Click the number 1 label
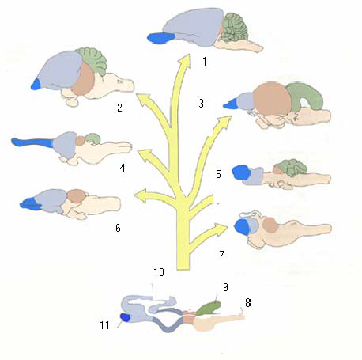coord(205,62)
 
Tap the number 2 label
coord(119,108)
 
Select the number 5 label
coord(218,174)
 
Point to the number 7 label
coord(221,255)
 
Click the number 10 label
coord(159,272)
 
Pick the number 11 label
coord(104,325)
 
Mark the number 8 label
coord(248,302)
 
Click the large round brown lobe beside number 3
coord(273,99)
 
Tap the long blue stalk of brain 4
coord(32,142)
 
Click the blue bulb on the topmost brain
coord(160,38)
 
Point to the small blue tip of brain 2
coord(36,84)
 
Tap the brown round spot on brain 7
coord(270,225)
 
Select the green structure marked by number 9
coord(209,309)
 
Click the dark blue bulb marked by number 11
coord(125,317)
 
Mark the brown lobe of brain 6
coord(76,196)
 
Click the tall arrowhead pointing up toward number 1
coord(185,61)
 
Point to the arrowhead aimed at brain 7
coord(221,229)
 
